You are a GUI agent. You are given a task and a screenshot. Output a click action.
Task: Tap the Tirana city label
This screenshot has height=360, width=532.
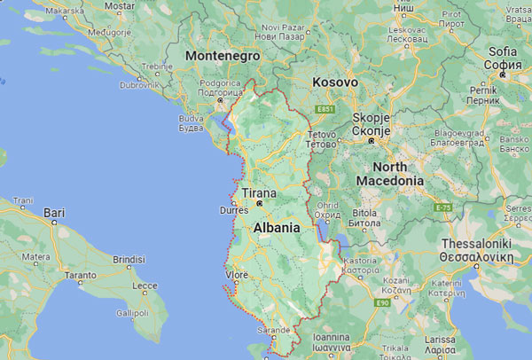(x=258, y=193)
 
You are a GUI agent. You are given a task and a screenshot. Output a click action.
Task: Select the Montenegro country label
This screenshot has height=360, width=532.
(x=222, y=55)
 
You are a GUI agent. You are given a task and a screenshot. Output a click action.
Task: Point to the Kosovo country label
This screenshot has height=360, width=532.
(x=335, y=82)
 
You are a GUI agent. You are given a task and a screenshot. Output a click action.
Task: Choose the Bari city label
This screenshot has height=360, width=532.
(x=54, y=213)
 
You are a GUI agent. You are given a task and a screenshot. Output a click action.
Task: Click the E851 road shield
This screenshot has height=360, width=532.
(x=325, y=108)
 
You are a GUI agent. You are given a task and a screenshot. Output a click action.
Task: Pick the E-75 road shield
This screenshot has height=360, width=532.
(x=442, y=207)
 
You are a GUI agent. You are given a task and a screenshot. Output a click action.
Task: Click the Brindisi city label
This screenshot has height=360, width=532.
(x=129, y=259)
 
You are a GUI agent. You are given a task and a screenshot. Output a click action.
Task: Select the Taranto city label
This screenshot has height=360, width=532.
(x=80, y=276)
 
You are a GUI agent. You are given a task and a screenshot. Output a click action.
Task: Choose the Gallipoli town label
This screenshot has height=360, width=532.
(x=131, y=313)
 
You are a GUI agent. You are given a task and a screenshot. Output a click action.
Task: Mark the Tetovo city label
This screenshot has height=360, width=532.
(x=321, y=137)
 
